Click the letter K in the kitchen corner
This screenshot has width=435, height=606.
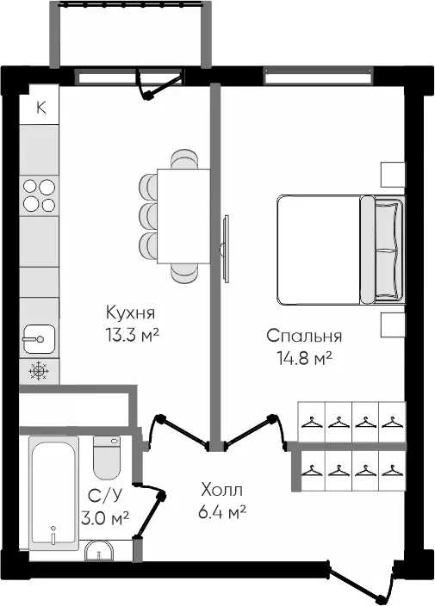point(41,107)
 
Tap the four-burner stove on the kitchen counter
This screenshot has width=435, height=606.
point(39,195)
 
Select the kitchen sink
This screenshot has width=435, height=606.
point(39,339)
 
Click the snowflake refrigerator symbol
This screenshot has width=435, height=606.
point(39,371)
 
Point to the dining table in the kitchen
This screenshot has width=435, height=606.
point(183,216)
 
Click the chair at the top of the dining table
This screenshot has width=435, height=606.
point(184,159)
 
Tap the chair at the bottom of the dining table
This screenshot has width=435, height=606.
point(184,273)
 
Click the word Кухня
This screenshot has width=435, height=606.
point(130,312)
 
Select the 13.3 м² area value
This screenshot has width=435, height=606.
point(133,335)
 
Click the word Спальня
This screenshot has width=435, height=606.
point(304,336)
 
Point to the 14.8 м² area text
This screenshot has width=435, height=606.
point(305,358)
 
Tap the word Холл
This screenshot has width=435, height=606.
point(222,490)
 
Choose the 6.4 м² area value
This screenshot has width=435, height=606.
point(222,512)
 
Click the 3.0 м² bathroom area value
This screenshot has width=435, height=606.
point(105,518)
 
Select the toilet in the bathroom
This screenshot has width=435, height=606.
point(107,458)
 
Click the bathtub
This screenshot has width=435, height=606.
point(53,493)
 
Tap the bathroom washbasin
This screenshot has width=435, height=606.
point(99,551)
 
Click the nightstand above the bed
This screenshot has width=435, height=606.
point(393,175)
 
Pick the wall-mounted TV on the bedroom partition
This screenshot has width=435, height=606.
point(225,249)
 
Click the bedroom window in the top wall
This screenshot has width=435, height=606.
point(318,76)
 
